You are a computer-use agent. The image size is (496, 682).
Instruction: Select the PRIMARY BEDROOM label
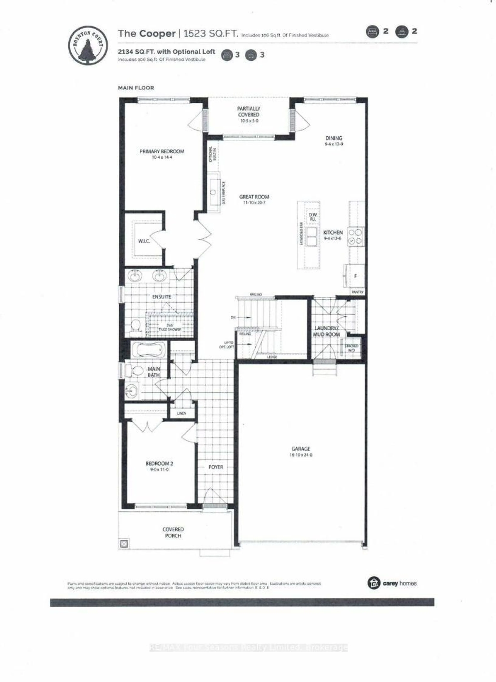pyautogui.click(x=162, y=152)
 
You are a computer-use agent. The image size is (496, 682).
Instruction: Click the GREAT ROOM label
pyautogui.click(x=254, y=197)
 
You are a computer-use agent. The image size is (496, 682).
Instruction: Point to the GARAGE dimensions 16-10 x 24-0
pyautogui.click(x=301, y=455)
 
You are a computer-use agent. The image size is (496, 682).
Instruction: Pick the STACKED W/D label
pyautogui.click(x=351, y=348)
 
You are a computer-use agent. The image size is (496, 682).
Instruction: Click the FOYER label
pyautogui.click(x=216, y=467)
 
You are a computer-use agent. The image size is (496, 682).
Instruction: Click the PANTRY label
pyautogui.click(x=357, y=292)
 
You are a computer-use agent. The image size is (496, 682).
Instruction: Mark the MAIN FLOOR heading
pyautogui.click(x=136, y=88)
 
